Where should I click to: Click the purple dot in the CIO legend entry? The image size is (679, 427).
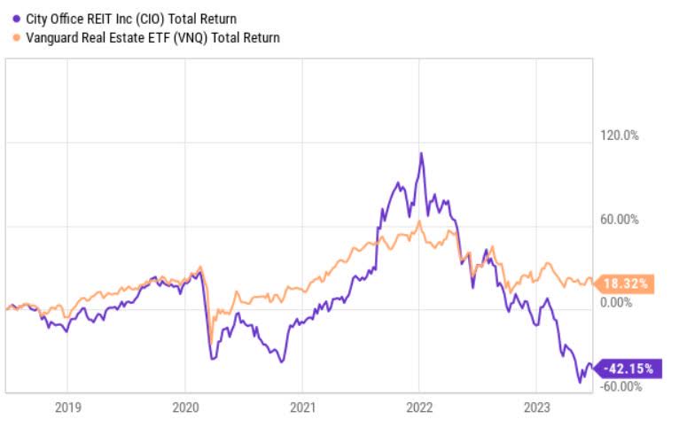click(16, 18)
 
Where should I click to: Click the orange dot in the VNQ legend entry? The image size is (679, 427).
click(16, 37)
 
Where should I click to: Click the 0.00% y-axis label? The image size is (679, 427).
click(619, 302)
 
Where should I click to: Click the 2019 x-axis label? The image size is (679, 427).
click(68, 408)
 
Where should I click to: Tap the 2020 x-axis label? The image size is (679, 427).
click(184, 408)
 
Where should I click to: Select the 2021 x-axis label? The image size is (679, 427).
click(301, 408)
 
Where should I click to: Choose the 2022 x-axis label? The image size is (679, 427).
click(418, 408)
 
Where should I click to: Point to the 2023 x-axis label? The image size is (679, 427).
click(535, 408)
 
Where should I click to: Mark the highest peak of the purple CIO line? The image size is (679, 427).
click(421, 153)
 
